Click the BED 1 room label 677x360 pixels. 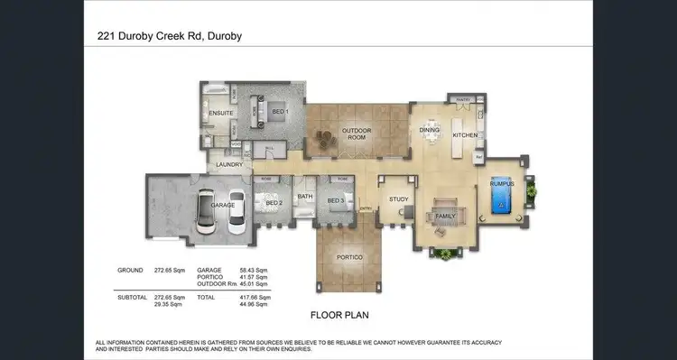point(280,112)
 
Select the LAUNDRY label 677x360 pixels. point(229,164)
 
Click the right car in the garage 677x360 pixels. point(237,212)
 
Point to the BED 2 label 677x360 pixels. point(274,202)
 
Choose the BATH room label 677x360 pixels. point(305,196)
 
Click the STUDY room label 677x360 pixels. point(399,199)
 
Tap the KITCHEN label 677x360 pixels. point(465,134)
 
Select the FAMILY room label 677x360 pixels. point(445,217)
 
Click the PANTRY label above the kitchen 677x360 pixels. point(464,99)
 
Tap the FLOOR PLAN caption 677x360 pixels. point(338,315)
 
